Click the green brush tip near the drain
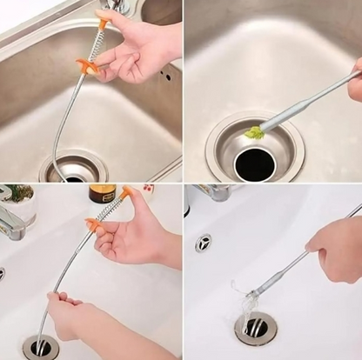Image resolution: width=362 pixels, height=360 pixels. pyautogui.click(x=253, y=132)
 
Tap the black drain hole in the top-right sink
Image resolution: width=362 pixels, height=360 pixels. pyautogui.click(x=254, y=163)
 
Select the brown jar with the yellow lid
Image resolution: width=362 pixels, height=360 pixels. pyautogui.click(x=102, y=193)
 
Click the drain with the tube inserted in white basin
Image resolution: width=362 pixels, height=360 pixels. pyautogui.click(x=40, y=347)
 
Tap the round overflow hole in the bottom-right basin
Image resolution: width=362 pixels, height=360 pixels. pyautogui.click(x=204, y=243)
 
